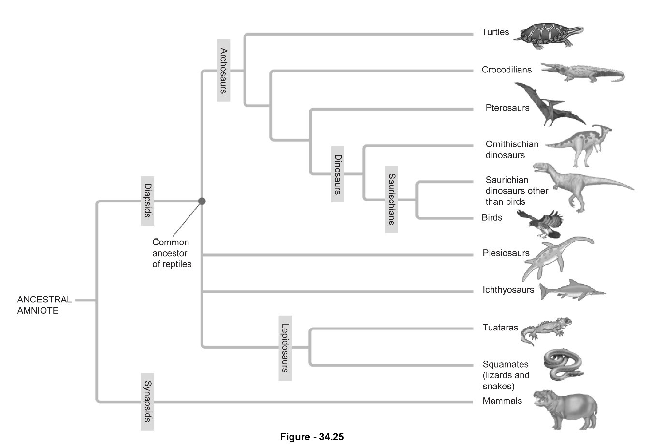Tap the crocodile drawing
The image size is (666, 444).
pos(582,72)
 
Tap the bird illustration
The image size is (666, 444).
pos(541,223)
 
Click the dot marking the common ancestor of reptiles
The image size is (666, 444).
pos(202,201)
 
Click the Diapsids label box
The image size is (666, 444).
pos(148,200)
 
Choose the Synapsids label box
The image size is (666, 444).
pos(148,401)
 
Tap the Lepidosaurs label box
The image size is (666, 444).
pos(285,348)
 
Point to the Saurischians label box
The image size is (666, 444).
pos(391,199)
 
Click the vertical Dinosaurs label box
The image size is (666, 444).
pos(338,174)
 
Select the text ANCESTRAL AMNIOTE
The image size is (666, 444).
pos(44,305)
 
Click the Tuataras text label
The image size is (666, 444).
pos(500,328)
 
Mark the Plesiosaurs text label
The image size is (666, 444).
pos(506,253)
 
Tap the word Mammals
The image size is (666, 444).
pos(502,401)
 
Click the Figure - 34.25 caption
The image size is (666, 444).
pos(312,437)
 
